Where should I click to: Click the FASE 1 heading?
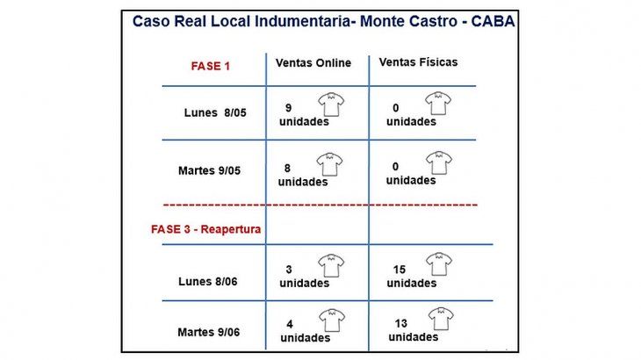pyautogui.click(x=211, y=66)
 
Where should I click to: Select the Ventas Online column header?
pyautogui.click(x=313, y=63)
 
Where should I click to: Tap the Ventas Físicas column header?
pyautogui.click(x=418, y=62)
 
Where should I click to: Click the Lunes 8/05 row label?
pyautogui.click(x=215, y=112)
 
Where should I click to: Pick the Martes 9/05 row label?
pyautogui.click(x=209, y=170)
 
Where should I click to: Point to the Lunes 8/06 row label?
pyautogui.click(x=208, y=282)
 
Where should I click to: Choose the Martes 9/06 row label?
pyautogui.click(x=208, y=332)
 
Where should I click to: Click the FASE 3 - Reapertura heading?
pyautogui.click(x=206, y=229)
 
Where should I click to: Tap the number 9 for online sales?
pyautogui.click(x=289, y=108)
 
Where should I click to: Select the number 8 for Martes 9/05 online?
pyautogui.click(x=287, y=169)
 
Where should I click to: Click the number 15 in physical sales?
pyautogui.click(x=400, y=270)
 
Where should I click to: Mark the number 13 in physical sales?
pyautogui.click(x=401, y=324)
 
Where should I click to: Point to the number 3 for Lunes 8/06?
pyautogui.click(x=289, y=270)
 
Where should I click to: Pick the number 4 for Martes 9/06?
pyautogui.click(x=290, y=325)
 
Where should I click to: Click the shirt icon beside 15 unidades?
pyautogui.click(x=439, y=264)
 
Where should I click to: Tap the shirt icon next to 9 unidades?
pyautogui.click(x=331, y=104)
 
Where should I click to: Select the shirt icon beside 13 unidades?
pyautogui.click(x=441, y=319)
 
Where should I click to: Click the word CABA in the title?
pyautogui.click(x=493, y=21)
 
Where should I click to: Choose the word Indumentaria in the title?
pyautogui.click(x=303, y=21)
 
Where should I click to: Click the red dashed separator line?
pyautogui.click(x=320, y=205)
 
